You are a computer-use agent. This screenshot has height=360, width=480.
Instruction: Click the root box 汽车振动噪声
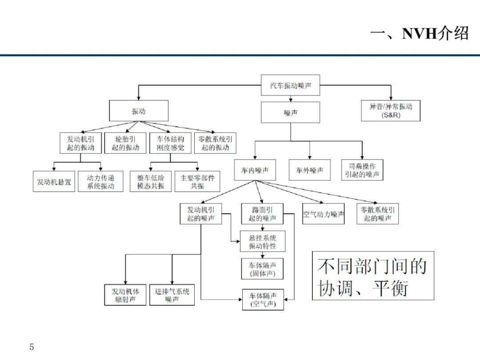(x=290, y=85)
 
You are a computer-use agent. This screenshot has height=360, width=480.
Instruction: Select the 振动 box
(x=139, y=111)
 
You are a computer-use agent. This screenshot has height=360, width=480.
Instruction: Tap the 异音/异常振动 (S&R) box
(x=391, y=111)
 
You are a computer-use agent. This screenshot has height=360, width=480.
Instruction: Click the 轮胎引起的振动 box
(x=125, y=143)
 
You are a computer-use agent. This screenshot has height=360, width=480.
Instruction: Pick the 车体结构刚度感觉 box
(x=170, y=143)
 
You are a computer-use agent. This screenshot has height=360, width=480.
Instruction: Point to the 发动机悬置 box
(x=54, y=181)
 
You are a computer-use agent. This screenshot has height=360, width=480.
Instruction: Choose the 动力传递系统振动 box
(x=101, y=181)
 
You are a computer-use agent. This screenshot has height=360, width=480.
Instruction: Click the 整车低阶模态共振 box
(x=151, y=181)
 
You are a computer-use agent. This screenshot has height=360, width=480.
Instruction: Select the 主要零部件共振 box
(x=197, y=181)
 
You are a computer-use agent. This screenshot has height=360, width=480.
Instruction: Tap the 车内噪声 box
(x=255, y=170)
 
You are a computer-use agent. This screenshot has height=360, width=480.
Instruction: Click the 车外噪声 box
(x=309, y=170)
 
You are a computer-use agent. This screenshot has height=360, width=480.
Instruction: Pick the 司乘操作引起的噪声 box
(x=362, y=170)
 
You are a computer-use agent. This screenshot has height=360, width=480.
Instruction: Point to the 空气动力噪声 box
(x=323, y=214)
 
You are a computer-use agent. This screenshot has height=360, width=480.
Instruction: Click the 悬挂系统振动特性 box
(x=263, y=241)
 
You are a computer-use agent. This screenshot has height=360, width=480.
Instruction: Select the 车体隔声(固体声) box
(x=262, y=269)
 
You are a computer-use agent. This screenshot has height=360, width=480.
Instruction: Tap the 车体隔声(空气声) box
(x=263, y=300)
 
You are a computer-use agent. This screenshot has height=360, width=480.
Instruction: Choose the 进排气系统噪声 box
(x=172, y=295)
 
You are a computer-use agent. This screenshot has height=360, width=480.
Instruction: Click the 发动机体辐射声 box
(x=125, y=295)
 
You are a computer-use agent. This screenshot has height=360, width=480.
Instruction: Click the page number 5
(x=32, y=347)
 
